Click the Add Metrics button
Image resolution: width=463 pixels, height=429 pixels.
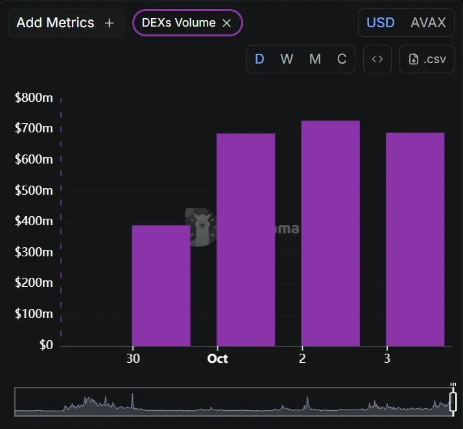[x=65, y=23]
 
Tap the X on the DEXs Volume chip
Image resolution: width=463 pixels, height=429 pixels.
[x=227, y=23]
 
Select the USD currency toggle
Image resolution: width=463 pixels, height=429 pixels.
[x=380, y=23]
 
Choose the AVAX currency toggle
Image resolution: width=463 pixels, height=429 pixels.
[x=428, y=23]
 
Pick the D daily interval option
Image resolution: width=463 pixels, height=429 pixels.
[x=259, y=59]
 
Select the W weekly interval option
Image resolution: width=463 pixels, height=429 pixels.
[x=287, y=59]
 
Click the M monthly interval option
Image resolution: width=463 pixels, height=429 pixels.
[x=315, y=59]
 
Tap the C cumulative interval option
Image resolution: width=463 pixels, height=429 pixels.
[x=342, y=59]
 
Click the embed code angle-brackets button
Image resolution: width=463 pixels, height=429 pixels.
[x=377, y=59]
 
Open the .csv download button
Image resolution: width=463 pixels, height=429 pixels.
[x=427, y=59]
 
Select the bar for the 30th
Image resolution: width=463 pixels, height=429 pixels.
[x=161, y=286]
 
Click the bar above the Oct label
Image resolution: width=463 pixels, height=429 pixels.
[x=246, y=239]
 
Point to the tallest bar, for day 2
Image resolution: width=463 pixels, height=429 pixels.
[x=330, y=233]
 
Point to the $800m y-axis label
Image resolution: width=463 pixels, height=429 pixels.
[x=34, y=98]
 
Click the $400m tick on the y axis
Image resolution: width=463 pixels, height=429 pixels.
[x=34, y=221]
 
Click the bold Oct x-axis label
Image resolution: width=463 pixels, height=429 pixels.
[x=218, y=358]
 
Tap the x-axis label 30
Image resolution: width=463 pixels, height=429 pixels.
[x=133, y=358]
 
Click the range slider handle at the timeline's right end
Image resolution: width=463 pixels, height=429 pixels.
[x=453, y=402]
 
